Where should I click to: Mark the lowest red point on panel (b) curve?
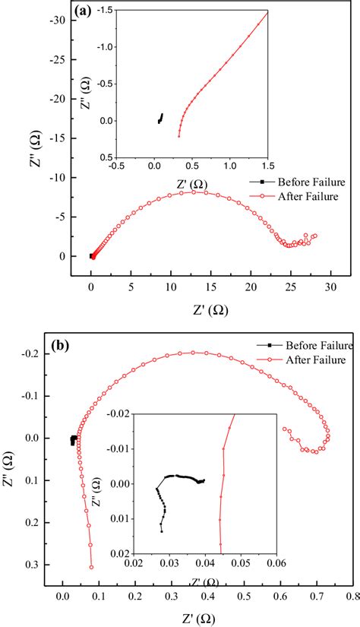[x=91, y=566]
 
